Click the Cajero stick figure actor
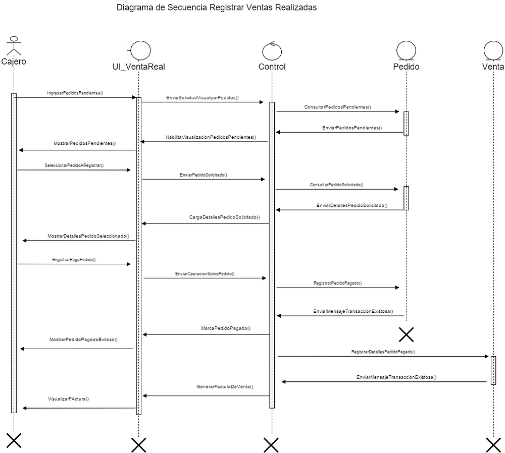coord(14,46)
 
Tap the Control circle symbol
coord(272,51)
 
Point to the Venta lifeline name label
coord(493,67)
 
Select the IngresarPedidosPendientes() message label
coord(75,93)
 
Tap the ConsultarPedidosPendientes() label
coord(337,107)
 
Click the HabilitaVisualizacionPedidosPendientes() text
coord(211,137)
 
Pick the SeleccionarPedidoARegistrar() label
coord(74,165)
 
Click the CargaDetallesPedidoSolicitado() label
coord(225,217)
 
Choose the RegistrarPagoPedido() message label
coord(74,259)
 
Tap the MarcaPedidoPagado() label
coord(226,328)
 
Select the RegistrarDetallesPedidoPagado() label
coord(383,352)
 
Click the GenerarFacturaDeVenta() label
coord(225,386)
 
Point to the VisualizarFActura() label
coord(68,399)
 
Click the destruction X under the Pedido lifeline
coord(406,334)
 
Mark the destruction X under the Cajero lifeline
coord(14,440)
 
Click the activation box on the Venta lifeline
coord(493,370)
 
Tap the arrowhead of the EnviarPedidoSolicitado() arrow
coord(263,179)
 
